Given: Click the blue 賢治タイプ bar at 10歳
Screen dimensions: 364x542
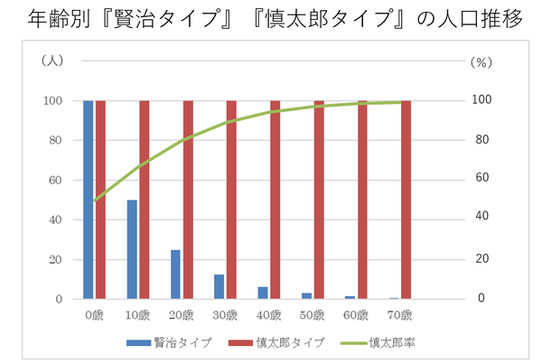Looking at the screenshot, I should [x=132, y=249].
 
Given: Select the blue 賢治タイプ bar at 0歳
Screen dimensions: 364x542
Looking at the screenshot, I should [x=89, y=200].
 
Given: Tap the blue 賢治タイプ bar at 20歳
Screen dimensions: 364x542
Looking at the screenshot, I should [x=175, y=274].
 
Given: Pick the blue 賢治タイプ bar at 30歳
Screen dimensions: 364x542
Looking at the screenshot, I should [x=219, y=286].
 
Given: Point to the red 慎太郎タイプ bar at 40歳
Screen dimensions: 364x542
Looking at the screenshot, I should [x=275, y=200].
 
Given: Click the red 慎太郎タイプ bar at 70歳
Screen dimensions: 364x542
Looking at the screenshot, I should [x=406, y=200].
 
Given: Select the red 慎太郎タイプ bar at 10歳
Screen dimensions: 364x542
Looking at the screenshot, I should [x=144, y=200].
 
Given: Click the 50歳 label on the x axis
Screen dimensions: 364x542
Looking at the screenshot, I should [x=312, y=315].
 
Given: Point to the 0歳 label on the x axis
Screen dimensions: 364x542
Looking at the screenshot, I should [x=94, y=315].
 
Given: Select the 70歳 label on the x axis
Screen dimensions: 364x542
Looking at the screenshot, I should [x=399, y=315].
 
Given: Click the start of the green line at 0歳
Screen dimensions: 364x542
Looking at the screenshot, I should [x=94, y=201].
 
